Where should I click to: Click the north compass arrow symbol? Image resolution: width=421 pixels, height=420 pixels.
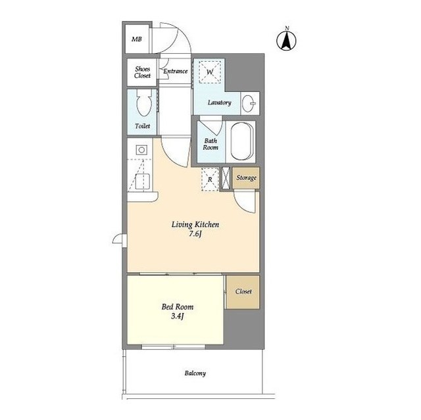pos(287,41)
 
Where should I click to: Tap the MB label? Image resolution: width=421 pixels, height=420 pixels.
pos(137,39)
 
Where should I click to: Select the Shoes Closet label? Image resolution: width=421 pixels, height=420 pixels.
pos(142,72)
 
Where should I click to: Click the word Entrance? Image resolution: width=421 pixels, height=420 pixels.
pos(176,71)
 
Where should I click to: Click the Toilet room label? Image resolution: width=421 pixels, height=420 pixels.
pos(142,126)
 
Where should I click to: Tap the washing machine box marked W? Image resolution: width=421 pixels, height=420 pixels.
pos(210,72)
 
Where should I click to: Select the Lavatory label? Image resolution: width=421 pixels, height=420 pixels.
pos(219,103)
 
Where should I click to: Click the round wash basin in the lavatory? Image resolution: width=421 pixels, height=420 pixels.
pos(249,103)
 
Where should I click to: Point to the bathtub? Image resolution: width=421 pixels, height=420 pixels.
pos(241,141)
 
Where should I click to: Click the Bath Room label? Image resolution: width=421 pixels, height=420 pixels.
pos(210,144)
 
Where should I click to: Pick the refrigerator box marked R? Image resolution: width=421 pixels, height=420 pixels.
pos(210,179)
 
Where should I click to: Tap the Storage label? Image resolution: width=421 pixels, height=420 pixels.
pos(246,178)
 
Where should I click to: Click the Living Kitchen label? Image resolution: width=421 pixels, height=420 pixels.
pos(195,225)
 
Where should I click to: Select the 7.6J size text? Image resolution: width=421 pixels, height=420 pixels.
pos(195,234)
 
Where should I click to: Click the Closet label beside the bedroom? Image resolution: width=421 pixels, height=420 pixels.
pos(243,291)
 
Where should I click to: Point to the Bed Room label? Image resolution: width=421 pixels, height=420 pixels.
pos(178,306)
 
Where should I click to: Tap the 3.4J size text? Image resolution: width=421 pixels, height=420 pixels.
pos(178,316)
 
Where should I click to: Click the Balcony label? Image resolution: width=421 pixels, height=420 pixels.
pos(195,373)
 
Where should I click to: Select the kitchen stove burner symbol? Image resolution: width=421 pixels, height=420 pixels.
pos(141,150)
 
